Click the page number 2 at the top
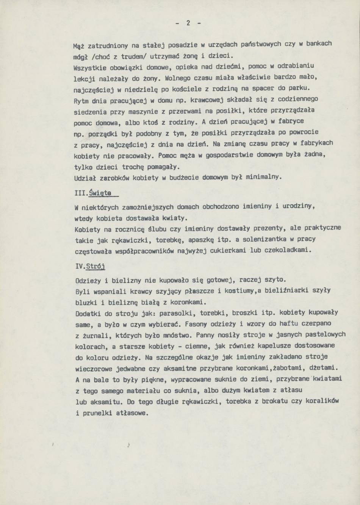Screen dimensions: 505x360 click(188, 23)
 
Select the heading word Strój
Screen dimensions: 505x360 click(95, 266)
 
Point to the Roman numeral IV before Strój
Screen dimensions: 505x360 click(80, 266)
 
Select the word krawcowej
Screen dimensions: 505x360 click(205, 100)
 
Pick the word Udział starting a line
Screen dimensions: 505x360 click(86, 178)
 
